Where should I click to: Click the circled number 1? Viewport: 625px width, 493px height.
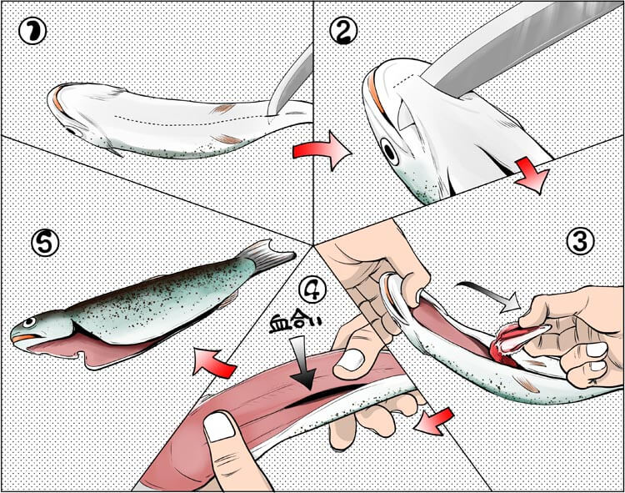(32, 31)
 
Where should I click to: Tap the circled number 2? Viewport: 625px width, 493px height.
(343, 31)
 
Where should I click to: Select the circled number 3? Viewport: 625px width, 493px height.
(580, 241)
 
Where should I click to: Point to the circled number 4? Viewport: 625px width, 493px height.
(312, 289)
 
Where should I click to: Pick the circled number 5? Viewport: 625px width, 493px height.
(45, 243)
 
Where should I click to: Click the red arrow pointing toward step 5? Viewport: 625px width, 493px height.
(212, 362)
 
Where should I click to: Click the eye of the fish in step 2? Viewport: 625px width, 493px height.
(388, 152)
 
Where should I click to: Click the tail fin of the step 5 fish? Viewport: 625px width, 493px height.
(267, 255)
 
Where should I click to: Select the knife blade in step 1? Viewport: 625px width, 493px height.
(290, 81)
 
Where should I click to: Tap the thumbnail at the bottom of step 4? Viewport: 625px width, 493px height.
(218, 427)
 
